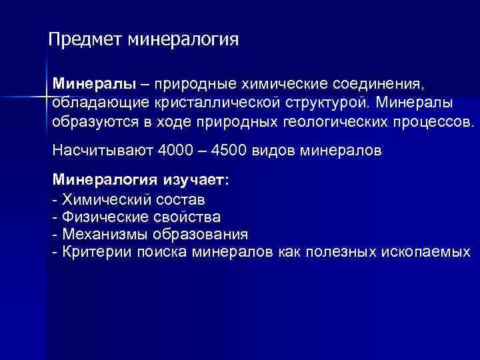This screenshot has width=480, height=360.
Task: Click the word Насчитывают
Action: click(x=103, y=150)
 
